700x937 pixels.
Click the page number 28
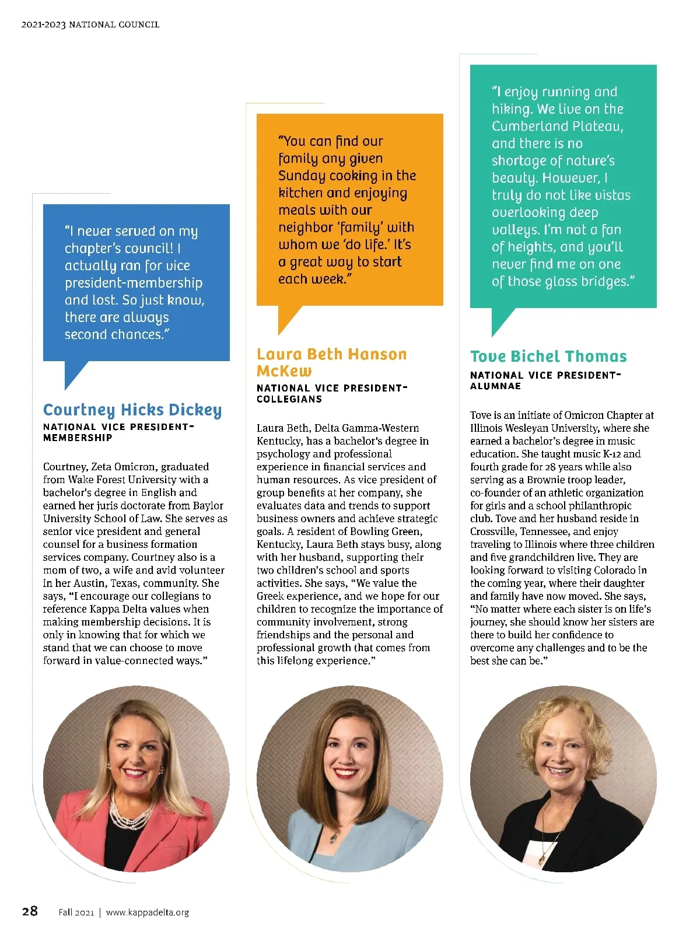[30, 911]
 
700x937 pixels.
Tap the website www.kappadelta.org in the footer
[147, 912]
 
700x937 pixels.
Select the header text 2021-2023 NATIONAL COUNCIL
[90, 25]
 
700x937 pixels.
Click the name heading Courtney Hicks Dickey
[132, 410]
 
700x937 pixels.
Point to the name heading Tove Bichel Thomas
[548, 356]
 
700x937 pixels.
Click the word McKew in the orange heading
[284, 372]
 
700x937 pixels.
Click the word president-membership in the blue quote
[134, 283]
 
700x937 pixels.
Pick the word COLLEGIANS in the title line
[289, 400]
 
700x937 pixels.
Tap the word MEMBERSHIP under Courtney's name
[78, 438]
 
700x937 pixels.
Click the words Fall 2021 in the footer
[76, 912]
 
